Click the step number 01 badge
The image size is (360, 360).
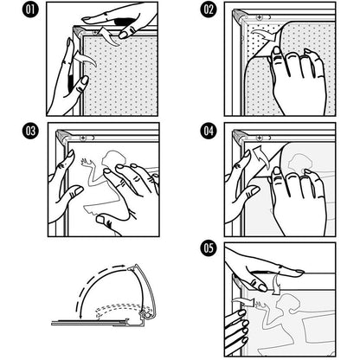(x=30, y=10)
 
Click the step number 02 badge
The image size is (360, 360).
(x=209, y=10)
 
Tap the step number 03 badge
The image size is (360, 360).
(x=30, y=132)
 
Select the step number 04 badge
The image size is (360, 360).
(x=209, y=132)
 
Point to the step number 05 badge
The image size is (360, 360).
(x=209, y=248)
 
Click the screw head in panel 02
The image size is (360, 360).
(x=260, y=18)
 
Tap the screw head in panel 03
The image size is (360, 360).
(x=84, y=138)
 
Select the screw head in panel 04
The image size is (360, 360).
(x=260, y=138)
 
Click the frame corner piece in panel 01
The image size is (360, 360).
(x=78, y=31)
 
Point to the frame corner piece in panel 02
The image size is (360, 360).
(x=239, y=15)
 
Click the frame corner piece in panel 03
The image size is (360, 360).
(x=61, y=136)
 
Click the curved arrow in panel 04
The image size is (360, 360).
(x=261, y=157)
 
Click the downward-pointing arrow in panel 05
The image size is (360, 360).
(x=276, y=284)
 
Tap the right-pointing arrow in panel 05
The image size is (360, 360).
(x=243, y=302)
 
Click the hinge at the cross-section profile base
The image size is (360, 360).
(x=145, y=315)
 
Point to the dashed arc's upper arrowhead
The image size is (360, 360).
(x=124, y=266)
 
